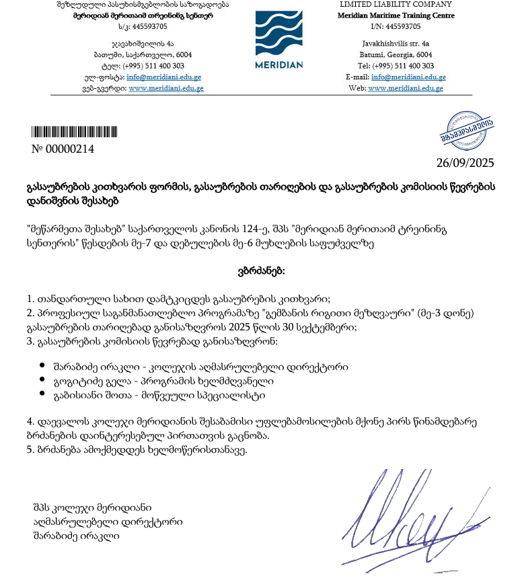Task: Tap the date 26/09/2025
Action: pos(465,162)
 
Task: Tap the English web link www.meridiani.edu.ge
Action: pos(406,88)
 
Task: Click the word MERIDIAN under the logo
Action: pos(279,65)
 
